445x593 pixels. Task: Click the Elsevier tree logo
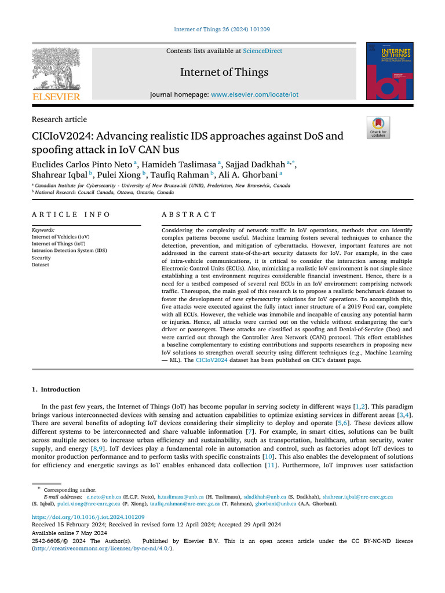(x=56, y=69)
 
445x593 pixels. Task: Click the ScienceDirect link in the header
(x=262, y=51)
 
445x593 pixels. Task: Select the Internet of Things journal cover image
(x=389, y=71)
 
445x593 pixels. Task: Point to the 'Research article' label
(x=59, y=119)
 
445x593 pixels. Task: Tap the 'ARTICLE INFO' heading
(x=71, y=214)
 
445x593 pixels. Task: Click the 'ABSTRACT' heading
(x=189, y=214)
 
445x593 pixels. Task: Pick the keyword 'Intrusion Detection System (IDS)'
(x=69, y=251)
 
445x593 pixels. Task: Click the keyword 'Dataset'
(x=41, y=265)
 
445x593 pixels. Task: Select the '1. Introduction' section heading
(x=56, y=389)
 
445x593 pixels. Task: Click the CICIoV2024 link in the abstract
(x=211, y=360)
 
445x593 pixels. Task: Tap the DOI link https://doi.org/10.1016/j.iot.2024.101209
(x=87, y=517)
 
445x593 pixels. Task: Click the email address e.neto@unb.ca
(x=104, y=497)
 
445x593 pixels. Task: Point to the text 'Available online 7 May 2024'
(x=69, y=533)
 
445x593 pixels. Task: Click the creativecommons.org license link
(x=102, y=548)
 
